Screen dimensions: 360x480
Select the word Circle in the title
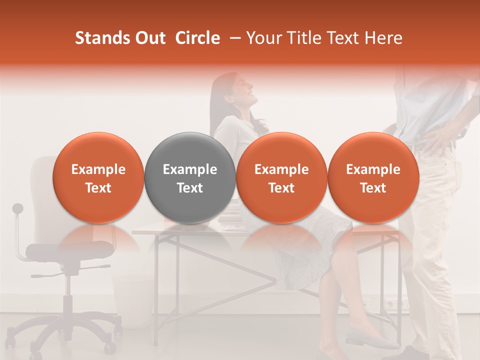click(x=197, y=38)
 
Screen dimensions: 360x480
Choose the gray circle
click(x=190, y=178)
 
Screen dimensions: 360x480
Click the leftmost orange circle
click(x=98, y=178)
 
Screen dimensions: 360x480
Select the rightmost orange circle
click(x=373, y=178)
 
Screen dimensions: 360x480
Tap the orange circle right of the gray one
click(x=281, y=178)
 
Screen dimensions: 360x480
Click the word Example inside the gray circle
click(x=190, y=169)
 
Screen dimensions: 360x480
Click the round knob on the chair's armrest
click(x=18, y=208)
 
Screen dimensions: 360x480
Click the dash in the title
click(x=233, y=38)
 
